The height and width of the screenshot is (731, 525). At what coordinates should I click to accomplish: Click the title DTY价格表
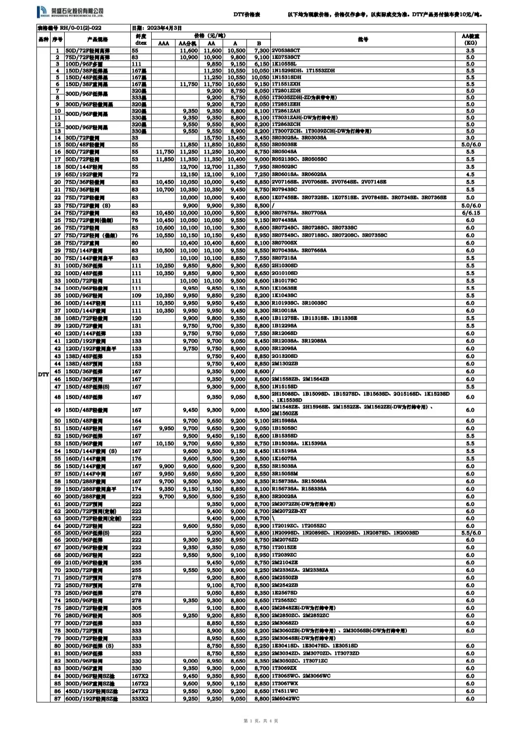[246, 15]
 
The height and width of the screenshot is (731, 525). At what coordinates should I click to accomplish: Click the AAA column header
[164, 43]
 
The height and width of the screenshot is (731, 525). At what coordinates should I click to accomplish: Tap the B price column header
[259, 43]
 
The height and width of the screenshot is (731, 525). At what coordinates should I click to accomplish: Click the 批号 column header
[363, 39]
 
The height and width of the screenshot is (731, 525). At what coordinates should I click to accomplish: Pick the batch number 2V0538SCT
[286, 51]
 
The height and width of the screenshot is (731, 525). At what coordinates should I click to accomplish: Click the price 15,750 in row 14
[212, 138]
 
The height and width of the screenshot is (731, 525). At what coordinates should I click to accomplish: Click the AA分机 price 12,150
[189, 174]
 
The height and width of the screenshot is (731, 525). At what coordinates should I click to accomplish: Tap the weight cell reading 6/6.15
[470, 213]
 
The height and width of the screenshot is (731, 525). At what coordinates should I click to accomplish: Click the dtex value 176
[137, 459]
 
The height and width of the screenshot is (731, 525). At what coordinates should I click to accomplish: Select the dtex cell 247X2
[140, 691]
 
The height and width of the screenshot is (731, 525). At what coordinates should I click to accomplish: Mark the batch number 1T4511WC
[285, 691]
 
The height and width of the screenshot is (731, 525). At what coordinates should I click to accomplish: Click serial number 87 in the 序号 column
[58, 699]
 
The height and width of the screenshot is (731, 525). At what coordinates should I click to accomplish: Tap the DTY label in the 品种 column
[44, 374]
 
